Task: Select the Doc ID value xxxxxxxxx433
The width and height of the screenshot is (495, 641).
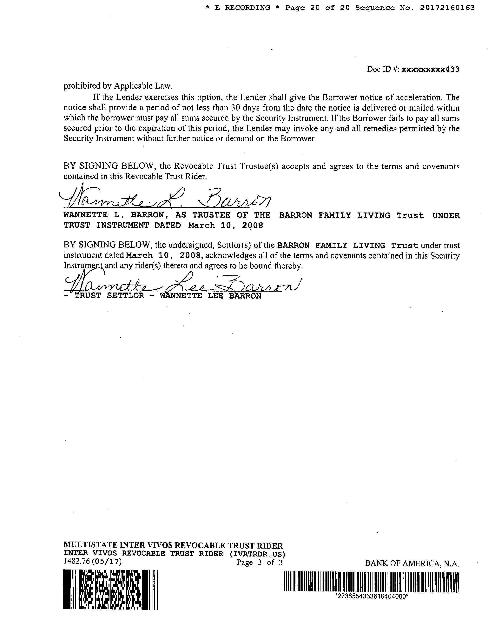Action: tap(430, 69)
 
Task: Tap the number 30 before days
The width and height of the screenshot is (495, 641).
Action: tap(235, 108)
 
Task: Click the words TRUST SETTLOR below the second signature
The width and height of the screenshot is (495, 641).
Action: tap(109, 296)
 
